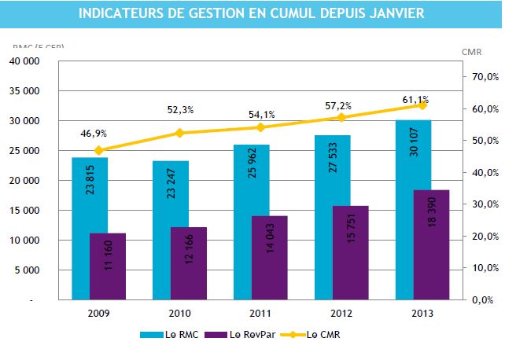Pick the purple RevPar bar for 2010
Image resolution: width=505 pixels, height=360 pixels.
(188, 263)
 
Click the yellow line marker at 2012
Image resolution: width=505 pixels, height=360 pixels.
(341, 117)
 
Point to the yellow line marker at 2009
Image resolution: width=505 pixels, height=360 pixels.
(99, 150)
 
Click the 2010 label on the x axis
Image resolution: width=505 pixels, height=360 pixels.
(179, 312)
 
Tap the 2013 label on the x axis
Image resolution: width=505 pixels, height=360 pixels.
(422, 312)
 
